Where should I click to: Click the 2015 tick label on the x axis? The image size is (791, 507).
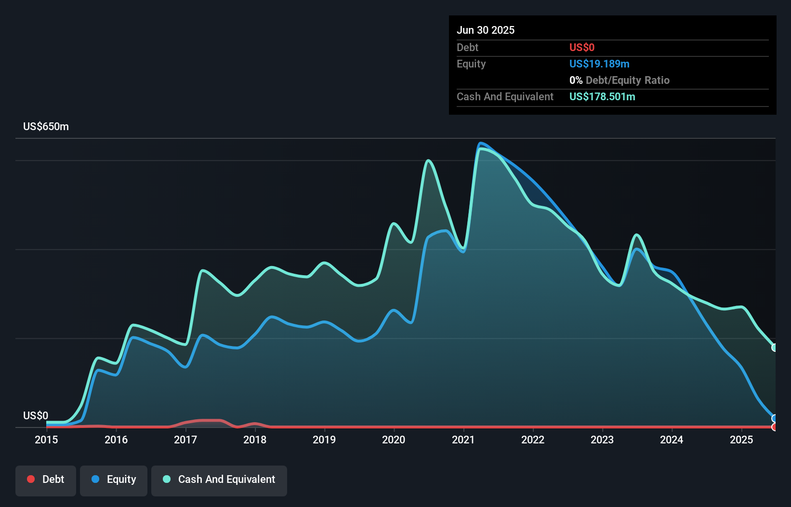[46, 440]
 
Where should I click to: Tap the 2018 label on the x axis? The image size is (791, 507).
[255, 440]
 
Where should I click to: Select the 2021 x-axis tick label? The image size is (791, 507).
[463, 440]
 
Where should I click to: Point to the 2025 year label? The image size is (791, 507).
[741, 440]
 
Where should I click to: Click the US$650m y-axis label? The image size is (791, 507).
[46, 127]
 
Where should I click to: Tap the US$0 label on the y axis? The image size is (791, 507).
[36, 415]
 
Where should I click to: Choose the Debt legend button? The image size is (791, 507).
[46, 480]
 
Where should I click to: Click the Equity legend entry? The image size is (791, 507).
[114, 480]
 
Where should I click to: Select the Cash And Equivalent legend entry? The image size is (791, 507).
[219, 480]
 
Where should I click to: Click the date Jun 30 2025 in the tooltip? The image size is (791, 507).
[486, 30]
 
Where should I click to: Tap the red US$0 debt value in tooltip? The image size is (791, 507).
[582, 47]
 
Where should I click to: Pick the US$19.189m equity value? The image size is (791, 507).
[599, 64]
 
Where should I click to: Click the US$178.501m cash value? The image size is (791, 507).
[602, 96]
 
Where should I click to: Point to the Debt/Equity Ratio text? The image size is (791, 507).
[627, 80]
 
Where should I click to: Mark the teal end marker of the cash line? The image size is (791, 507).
[774, 347]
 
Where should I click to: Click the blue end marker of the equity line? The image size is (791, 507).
[774, 418]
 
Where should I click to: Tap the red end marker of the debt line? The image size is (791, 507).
[774, 427]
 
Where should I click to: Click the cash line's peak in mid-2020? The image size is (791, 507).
[428, 160]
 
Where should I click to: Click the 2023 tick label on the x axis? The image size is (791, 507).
[602, 440]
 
